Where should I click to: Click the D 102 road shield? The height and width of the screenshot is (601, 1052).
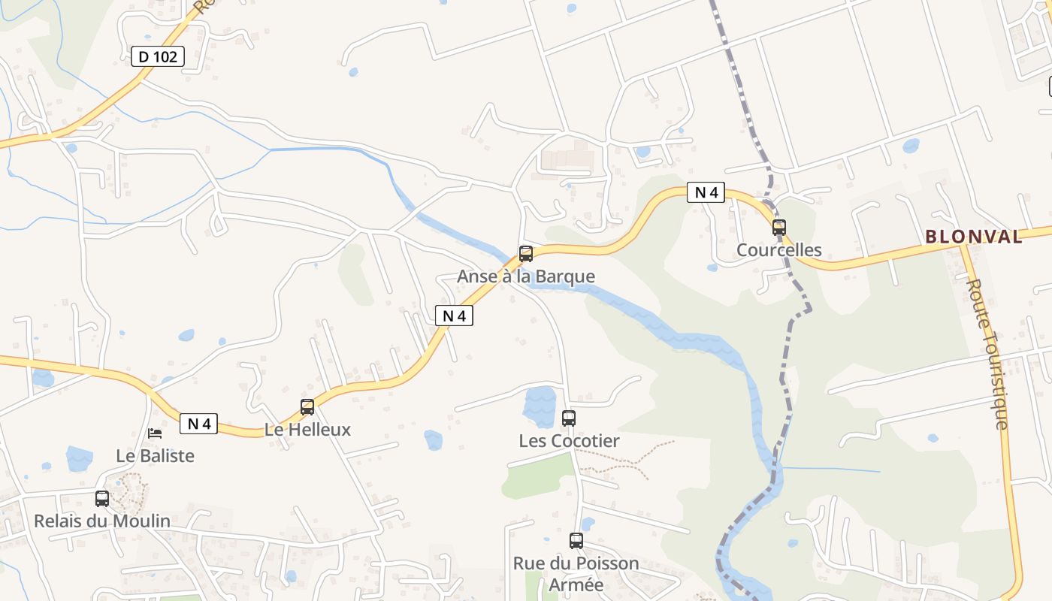click(158, 56)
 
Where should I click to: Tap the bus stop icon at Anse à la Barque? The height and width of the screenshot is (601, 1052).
click(526, 254)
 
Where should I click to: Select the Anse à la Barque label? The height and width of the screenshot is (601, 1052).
click(526, 276)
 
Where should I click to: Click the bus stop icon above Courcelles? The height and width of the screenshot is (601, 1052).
click(779, 227)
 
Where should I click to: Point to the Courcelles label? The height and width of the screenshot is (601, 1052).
click(779, 250)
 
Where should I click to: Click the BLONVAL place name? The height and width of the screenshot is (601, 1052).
click(974, 237)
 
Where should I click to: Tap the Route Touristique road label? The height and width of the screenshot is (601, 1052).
click(990, 355)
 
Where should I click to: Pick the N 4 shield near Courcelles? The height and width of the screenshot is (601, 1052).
click(706, 192)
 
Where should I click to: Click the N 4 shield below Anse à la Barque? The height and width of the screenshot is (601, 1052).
click(454, 316)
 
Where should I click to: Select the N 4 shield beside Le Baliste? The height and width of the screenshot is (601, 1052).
click(198, 424)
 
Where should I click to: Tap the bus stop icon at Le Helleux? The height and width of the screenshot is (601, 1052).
click(307, 407)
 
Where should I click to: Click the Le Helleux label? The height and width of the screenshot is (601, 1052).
click(307, 430)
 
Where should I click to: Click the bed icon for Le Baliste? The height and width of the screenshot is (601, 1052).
click(155, 433)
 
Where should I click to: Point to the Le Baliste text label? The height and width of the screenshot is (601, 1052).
click(155, 456)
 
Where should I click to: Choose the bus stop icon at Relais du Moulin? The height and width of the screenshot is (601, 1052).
click(102, 498)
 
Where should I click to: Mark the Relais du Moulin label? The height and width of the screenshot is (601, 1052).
click(102, 521)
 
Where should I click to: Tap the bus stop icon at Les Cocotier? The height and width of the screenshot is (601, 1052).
click(569, 418)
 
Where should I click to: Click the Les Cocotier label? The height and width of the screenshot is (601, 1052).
click(569, 441)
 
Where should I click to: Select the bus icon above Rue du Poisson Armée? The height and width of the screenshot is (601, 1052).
click(576, 540)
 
